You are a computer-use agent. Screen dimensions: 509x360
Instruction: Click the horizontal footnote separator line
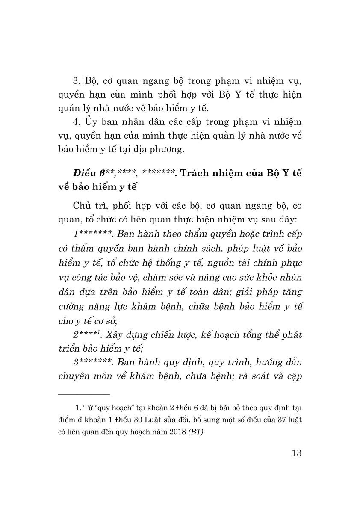[84, 394]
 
